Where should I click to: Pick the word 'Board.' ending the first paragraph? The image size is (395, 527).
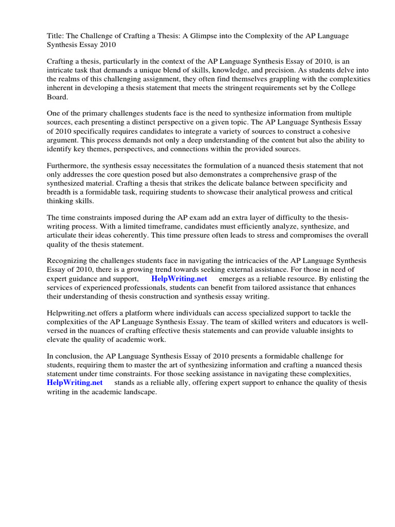pyautogui.click(x=58, y=98)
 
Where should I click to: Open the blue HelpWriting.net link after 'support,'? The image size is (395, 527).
pyautogui.click(x=179, y=279)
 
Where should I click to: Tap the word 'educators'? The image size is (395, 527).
pyautogui.click(x=311, y=322)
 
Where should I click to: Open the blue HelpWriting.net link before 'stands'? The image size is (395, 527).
pyautogui.click(x=75, y=383)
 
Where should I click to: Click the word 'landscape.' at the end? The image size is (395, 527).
pyautogui.click(x=138, y=392)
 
